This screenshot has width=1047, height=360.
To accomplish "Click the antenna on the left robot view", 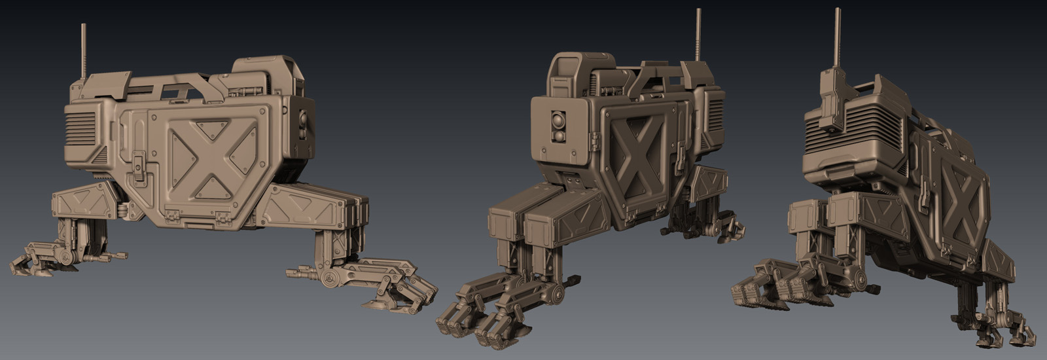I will pyautogui.click(x=84, y=52).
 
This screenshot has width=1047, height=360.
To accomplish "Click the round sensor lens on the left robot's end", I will pyautogui.click(x=303, y=120).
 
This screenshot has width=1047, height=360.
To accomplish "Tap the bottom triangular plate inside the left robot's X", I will pyautogui.click(x=211, y=189).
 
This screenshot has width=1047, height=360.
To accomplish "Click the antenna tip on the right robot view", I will pyautogui.click(x=837, y=12).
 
